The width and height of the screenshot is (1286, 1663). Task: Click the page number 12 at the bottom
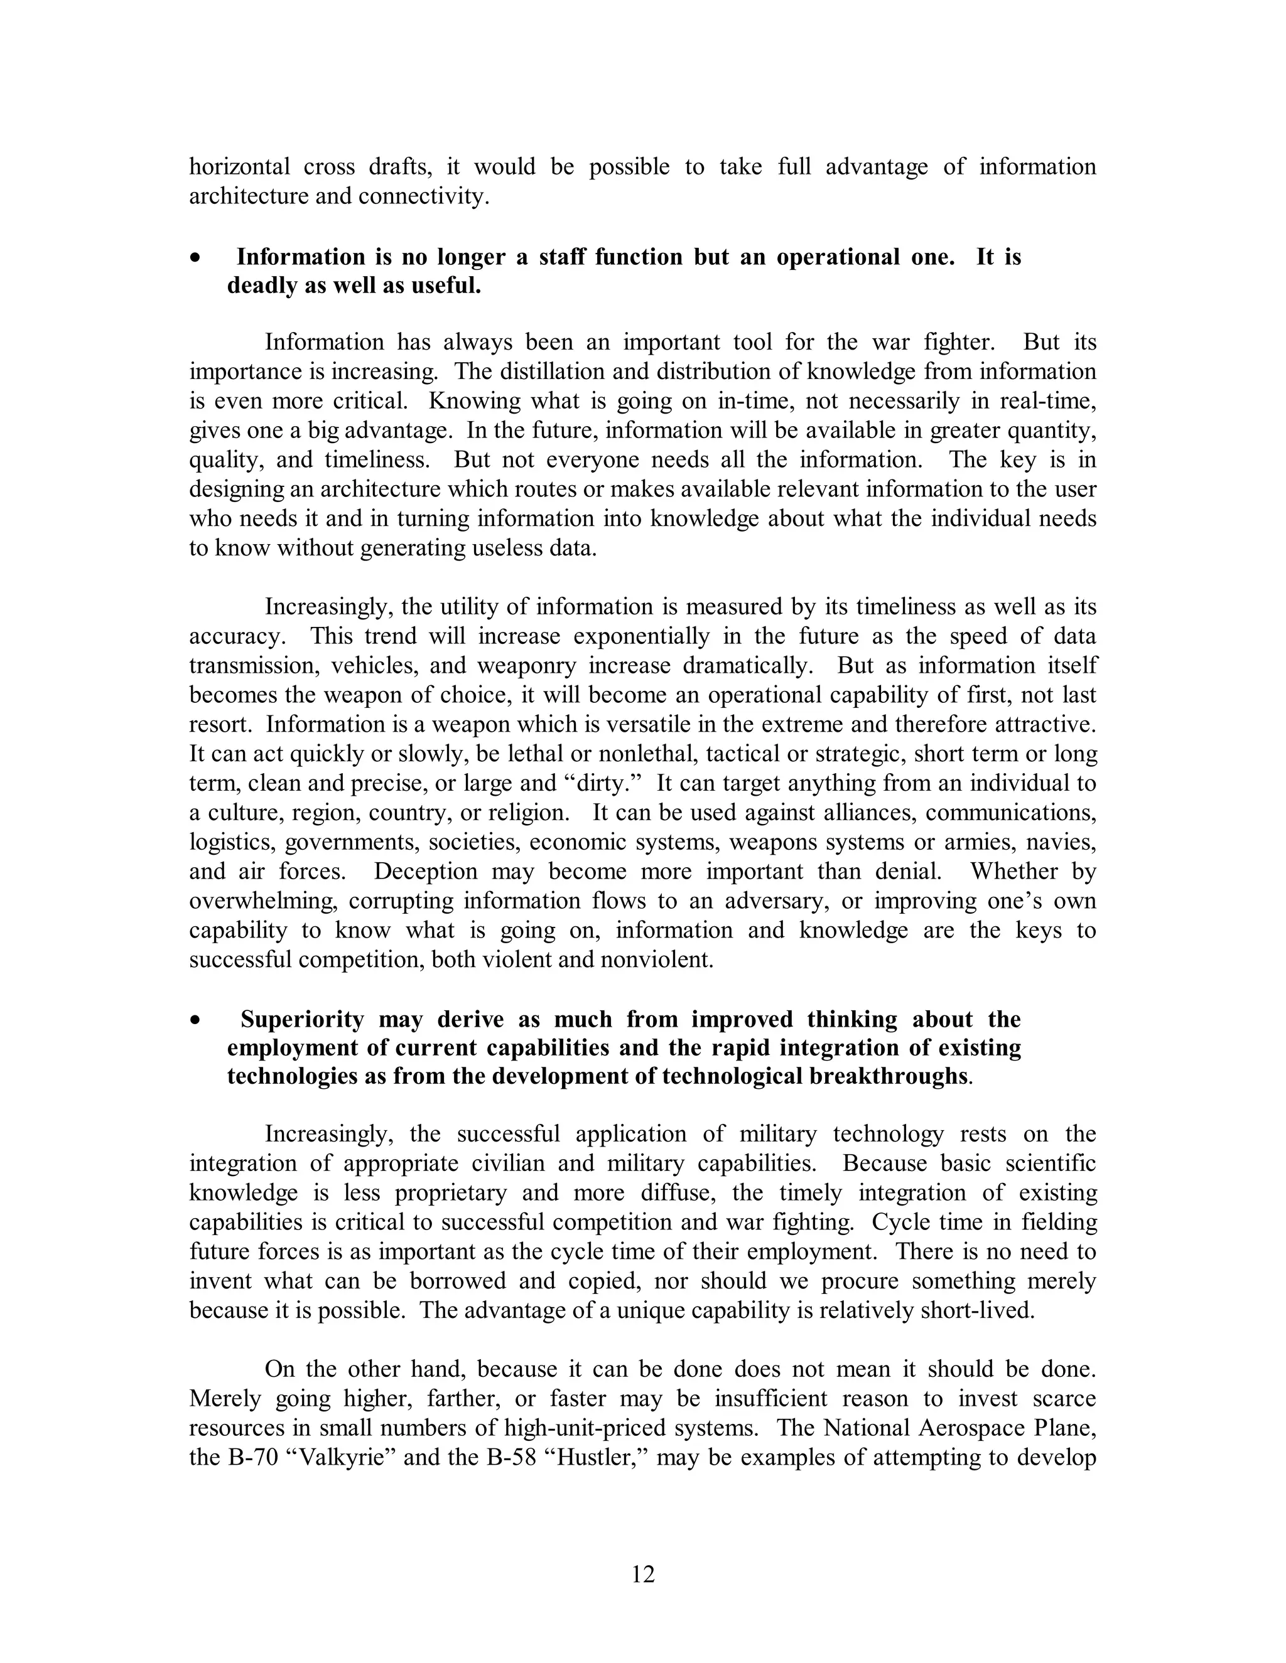coord(643,1574)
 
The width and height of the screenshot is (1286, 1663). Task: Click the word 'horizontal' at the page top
coord(239,167)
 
